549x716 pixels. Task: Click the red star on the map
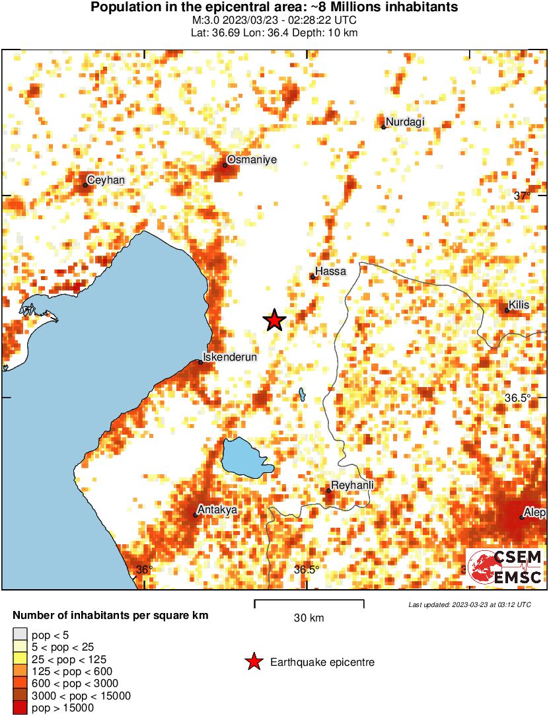[x=275, y=320]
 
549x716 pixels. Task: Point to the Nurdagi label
[x=405, y=122]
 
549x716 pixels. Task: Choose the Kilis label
[x=520, y=305]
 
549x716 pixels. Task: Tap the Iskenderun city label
[x=229, y=357]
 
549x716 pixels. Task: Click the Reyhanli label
[x=353, y=485]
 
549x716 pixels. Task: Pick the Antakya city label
[x=217, y=510]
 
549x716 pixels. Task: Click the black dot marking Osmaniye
[x=225, y=164]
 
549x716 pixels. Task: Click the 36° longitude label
[x=144, y=569]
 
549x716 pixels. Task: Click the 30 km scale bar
[x=309, y=602]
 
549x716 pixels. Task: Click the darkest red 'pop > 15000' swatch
[x=20, y=707]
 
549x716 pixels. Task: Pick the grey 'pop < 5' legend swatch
[x=20, y=635]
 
